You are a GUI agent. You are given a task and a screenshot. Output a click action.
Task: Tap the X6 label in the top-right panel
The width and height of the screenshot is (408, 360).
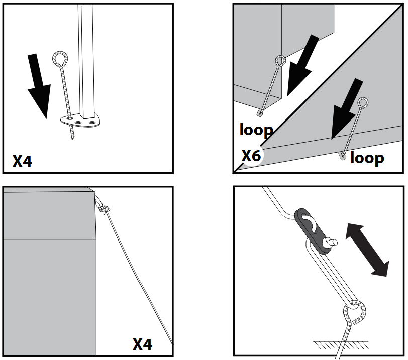(251, 156)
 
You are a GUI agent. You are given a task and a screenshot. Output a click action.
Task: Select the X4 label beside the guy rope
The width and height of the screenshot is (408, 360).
(142, 344)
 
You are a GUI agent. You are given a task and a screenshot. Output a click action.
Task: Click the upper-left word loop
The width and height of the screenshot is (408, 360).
(256, 130)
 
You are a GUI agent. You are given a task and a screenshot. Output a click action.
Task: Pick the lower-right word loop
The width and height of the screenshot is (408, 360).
(367, 158)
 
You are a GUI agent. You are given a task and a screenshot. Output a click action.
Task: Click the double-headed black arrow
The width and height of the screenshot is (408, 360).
(367, 250)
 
